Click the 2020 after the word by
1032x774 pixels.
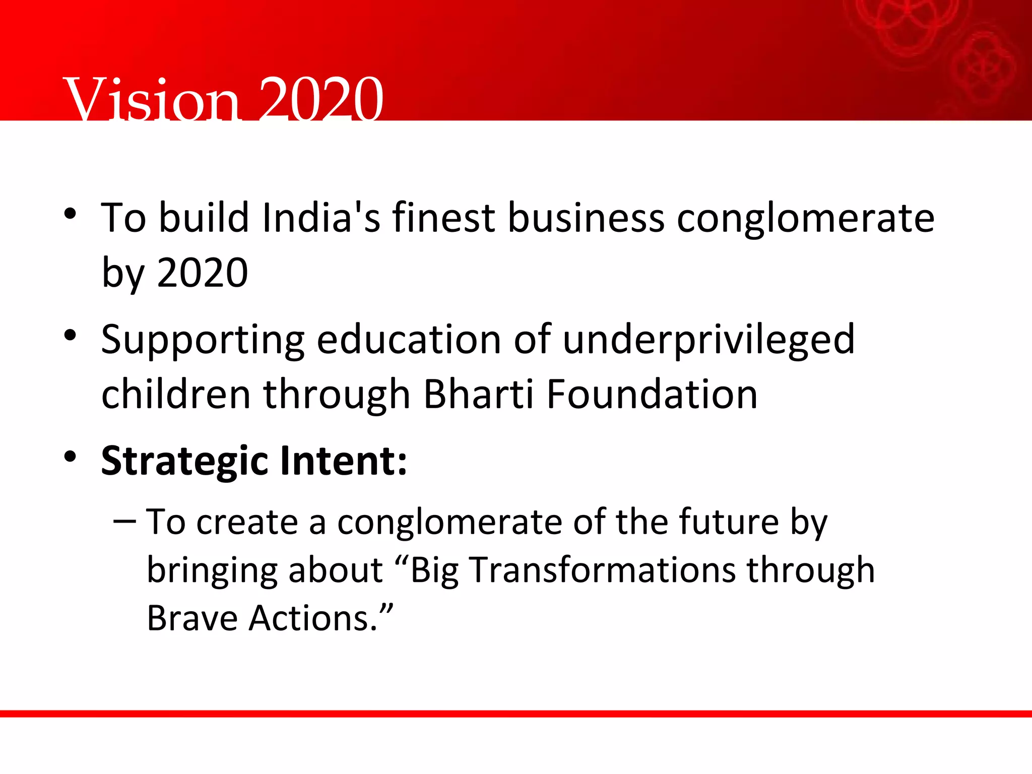point(202,273)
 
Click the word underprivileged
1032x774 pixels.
point(708,340)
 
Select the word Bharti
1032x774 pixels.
point(478,394)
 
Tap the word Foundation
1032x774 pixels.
point(652,394)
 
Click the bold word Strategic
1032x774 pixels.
point(184,462)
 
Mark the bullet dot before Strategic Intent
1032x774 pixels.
point(70,457)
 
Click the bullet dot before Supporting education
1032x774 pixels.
point(70,335)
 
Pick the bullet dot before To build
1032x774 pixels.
point(70,214)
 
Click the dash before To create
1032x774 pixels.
point(124,521)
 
